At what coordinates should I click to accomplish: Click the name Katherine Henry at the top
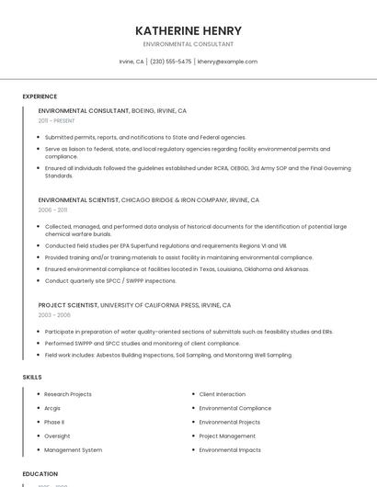188,30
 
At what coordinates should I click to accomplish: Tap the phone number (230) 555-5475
170,62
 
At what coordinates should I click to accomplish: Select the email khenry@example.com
227,62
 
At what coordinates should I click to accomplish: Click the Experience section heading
40,96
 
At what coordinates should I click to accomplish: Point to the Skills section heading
32,377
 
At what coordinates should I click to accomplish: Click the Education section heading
40,473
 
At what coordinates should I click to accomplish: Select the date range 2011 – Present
56,120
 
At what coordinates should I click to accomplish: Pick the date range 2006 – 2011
52,210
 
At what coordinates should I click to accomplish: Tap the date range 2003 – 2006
54,314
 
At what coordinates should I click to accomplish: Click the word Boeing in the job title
144,110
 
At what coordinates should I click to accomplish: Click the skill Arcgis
53,408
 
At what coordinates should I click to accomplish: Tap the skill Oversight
57,436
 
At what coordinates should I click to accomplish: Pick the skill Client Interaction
223,394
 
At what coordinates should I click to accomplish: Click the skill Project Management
227,436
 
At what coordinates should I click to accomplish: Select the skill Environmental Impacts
230,450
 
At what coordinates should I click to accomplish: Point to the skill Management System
74,450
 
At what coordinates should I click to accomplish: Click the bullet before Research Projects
37,394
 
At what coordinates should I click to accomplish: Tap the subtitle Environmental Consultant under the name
188,44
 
